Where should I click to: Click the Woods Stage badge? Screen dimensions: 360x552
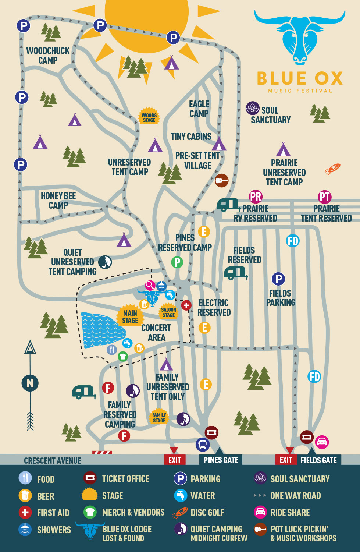point(149,116)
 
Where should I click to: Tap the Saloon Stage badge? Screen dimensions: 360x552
point(168,312)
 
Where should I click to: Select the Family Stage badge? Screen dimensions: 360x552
point(159,417)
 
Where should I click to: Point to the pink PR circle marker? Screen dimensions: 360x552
point(256,197)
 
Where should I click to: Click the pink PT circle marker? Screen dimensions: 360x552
point(325,197)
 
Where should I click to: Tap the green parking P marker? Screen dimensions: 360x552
point(177,262)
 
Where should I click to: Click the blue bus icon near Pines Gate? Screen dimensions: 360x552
point(203,445)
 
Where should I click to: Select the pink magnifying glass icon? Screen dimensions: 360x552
point(150,285)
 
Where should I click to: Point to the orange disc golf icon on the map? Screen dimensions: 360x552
point(333,169)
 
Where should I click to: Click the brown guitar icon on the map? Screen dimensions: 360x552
point(222,180)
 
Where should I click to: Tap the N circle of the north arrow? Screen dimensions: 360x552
point(30,383)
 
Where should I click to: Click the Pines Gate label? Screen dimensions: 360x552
point(221,460)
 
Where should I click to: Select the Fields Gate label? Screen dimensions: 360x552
point(319,460)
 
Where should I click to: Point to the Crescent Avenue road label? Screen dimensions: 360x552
point(53,461)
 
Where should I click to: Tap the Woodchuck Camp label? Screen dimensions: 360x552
point(48,56)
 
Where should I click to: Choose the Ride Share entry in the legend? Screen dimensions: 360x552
point(282,512)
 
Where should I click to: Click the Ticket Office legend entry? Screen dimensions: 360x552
point(116,478)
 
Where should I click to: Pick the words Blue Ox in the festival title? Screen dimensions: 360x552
point(300,78)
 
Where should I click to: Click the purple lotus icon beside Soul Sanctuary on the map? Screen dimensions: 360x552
point(253,108)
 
